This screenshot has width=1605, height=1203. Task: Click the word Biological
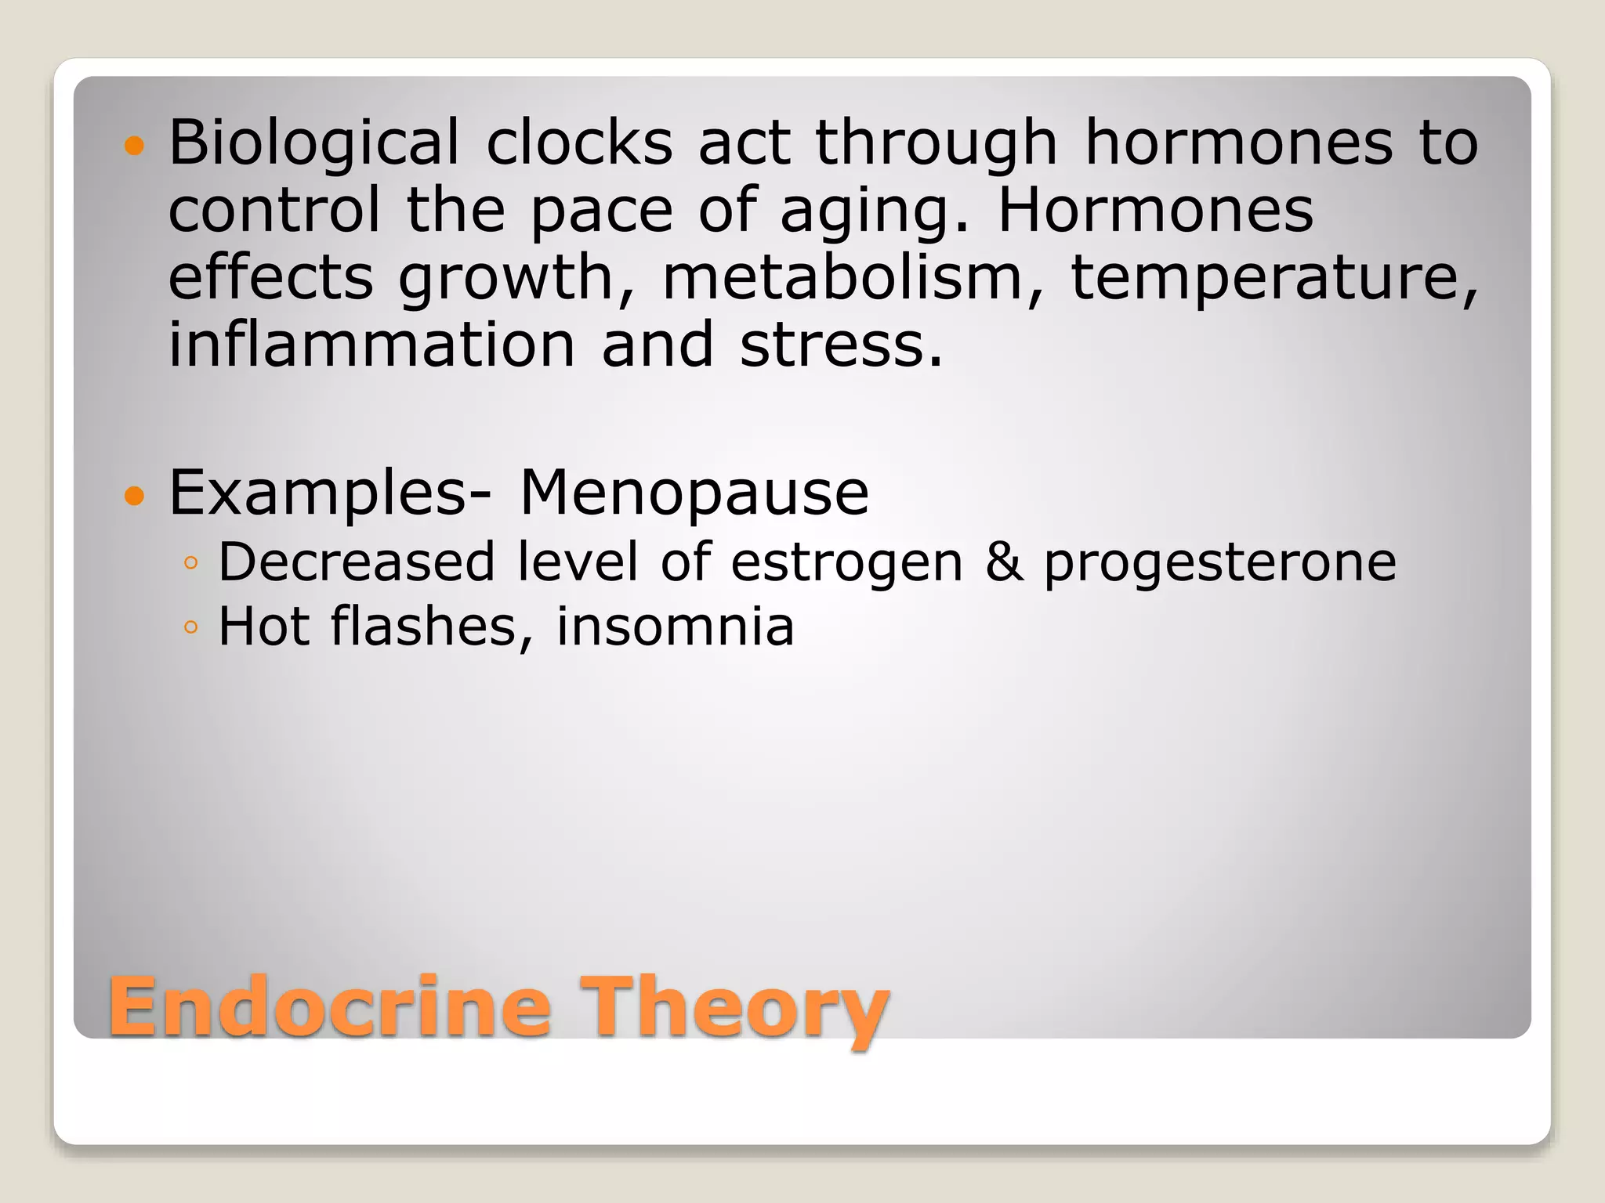point(313,143)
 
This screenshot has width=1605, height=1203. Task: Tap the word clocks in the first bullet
point(579,143)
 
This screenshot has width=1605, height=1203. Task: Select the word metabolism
point(842,277)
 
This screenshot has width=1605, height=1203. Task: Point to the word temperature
point(1273,277)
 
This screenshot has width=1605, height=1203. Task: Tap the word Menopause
point(694,493)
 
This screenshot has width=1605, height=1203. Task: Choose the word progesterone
point(1219,562)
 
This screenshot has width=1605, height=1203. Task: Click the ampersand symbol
point(1004,562)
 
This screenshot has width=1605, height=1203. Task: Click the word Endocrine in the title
point(330,1006)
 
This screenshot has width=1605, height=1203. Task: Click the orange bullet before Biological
point(135,146)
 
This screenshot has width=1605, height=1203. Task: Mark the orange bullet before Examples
point(135,496)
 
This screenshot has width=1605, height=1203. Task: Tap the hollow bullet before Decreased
point(190,563)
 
